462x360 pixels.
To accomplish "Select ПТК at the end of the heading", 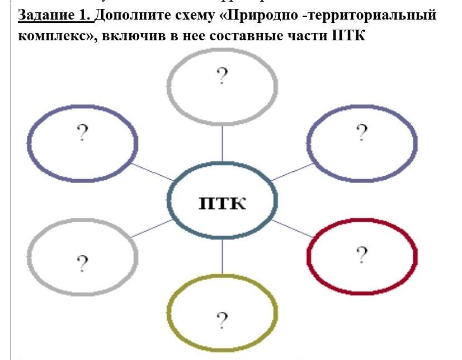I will click(x=348, y=37).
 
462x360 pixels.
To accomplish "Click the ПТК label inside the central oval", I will click(x=223, y=202).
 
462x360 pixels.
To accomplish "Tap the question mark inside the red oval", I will click(x=362, y=255).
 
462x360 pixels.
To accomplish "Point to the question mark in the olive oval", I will click(x=222, y=321).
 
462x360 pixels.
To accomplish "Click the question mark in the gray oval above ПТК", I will click(x=222, y=76).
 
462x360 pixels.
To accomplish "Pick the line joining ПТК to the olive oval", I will click(x=223, y=257).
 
